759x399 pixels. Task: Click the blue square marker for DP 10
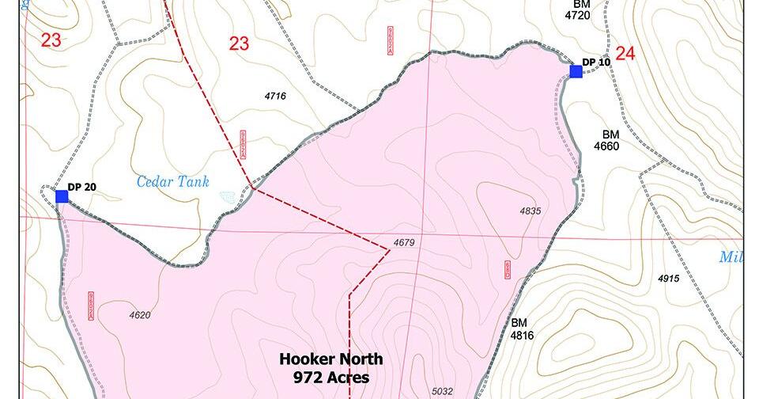(576, 71)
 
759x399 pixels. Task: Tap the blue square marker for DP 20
(62, 196)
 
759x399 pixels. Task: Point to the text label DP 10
(596, 62)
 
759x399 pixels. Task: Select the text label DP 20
(81, 187)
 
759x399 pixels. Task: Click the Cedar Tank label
(173, 182)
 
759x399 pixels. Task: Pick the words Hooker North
(324, 359)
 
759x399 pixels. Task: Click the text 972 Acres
(324, 378)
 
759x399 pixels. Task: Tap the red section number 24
(625, 54)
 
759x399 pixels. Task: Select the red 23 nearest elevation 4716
(239, 44)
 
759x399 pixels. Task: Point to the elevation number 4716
(275, 97)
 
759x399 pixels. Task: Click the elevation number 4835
(530, 211)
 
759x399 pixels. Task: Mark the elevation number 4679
(403, 242)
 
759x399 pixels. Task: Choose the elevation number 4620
(139, 315)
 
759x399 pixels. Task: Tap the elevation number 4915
(668, 279)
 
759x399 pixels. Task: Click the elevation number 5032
(442, 390)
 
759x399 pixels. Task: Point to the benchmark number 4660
(611, 146)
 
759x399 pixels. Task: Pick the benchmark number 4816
(522, 336)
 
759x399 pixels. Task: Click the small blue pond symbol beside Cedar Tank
(228, 195)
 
